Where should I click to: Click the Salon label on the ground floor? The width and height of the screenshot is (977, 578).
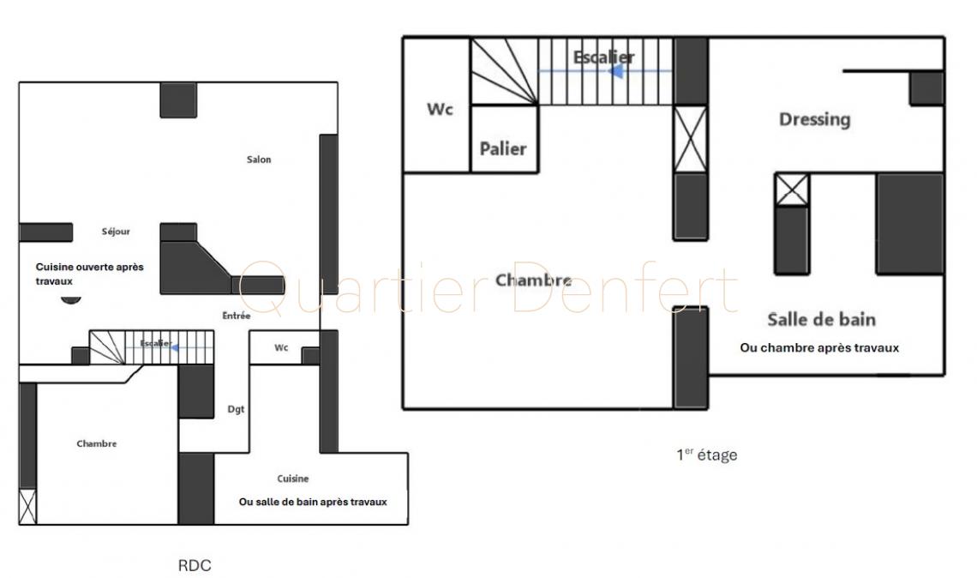(x=259, y=160)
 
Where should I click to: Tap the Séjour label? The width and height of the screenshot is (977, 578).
(x=116, y=232)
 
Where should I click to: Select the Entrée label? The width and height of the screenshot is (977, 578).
(x=237, y=316)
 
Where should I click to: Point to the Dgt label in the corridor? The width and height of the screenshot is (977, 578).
(x=236, y=409)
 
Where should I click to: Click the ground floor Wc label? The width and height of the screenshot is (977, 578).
(x=281, y=347)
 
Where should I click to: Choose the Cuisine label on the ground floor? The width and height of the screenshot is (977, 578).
(x=293, y=479)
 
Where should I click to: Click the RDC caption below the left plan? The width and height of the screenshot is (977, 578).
(x=195, y=565)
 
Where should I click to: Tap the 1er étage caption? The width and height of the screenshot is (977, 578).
(x=706, y=455)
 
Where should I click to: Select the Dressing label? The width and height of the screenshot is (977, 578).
(x=814, y=119)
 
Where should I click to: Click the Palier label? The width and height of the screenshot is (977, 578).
(x=503, y=148)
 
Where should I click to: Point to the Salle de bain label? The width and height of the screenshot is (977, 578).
(x=821, y=319)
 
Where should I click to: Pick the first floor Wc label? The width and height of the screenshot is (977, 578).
(x=440, y=109)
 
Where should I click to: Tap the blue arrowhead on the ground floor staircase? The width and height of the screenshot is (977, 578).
(x=175, y=347)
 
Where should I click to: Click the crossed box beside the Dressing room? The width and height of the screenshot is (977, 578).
(x=691, y=139)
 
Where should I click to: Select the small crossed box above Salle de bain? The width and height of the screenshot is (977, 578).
(x=792, y=190)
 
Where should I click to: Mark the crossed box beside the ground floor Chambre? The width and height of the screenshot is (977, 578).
(x=27, y=506)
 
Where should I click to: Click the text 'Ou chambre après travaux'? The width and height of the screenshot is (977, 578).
(x=819, y=348)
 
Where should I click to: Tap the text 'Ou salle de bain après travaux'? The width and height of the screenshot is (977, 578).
(x=313, y=502)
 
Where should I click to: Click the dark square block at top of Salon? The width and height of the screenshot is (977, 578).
(x=178, y=99)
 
